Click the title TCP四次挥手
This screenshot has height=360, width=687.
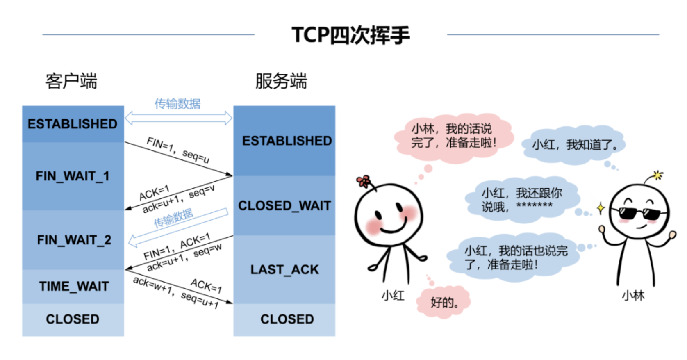click(350, 35)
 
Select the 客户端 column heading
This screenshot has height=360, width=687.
click(71, 81)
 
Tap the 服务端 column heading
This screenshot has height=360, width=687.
click(281, 81)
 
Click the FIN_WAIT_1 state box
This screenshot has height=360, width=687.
click(73, 176)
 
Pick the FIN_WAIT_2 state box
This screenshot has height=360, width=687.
click(74, 240)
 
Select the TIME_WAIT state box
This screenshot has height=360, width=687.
click(74, 286)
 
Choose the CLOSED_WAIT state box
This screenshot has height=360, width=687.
click(284, 205)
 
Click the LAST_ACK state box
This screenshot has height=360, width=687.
click(284, 269)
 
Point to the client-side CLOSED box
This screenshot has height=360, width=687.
click(73, 319)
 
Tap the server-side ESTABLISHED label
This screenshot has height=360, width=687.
click(287, 141)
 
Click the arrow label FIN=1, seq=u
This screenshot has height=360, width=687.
click(178, 150)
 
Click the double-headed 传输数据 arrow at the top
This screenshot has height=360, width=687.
click(178, 118)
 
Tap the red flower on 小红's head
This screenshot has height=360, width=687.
click(363, 181)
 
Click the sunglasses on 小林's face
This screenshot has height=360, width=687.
click(639, 213)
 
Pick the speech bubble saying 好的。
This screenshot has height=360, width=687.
click(444, 303)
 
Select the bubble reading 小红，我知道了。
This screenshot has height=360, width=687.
click(574, 145)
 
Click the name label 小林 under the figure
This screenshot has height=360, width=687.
click(633, 295)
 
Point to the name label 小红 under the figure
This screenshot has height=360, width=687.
click(393, 295)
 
